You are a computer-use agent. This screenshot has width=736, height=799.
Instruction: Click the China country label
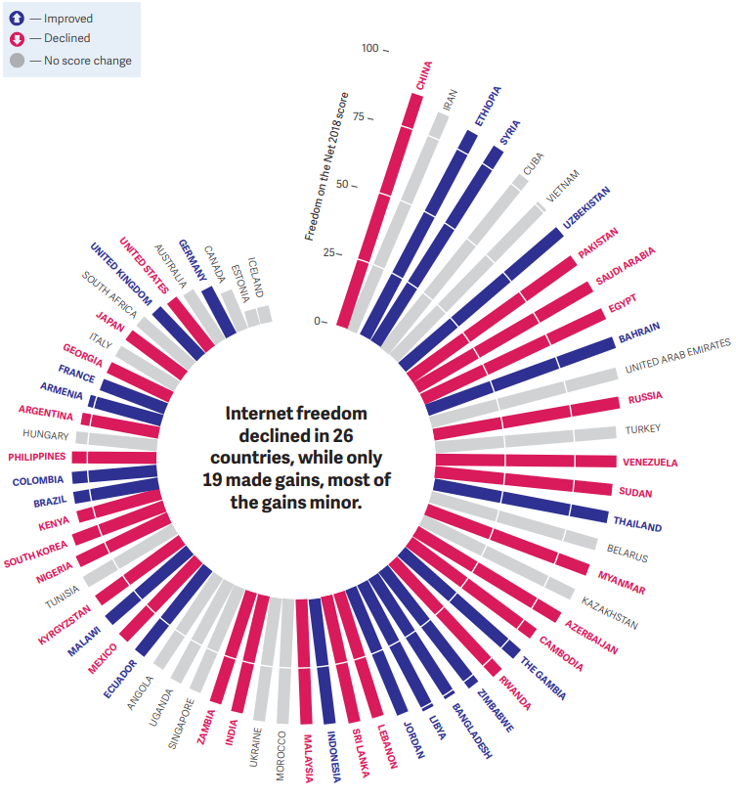423,77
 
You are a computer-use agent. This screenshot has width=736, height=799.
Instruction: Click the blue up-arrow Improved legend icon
17,18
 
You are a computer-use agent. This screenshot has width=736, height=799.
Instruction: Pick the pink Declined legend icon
17,39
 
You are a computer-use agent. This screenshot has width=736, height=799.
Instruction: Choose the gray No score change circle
17,61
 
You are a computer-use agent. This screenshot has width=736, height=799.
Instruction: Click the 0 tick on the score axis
319,321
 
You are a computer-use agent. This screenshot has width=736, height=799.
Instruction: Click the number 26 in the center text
340,435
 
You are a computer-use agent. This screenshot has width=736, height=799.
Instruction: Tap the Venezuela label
649,463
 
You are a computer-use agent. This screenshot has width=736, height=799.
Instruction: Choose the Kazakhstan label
609,612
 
